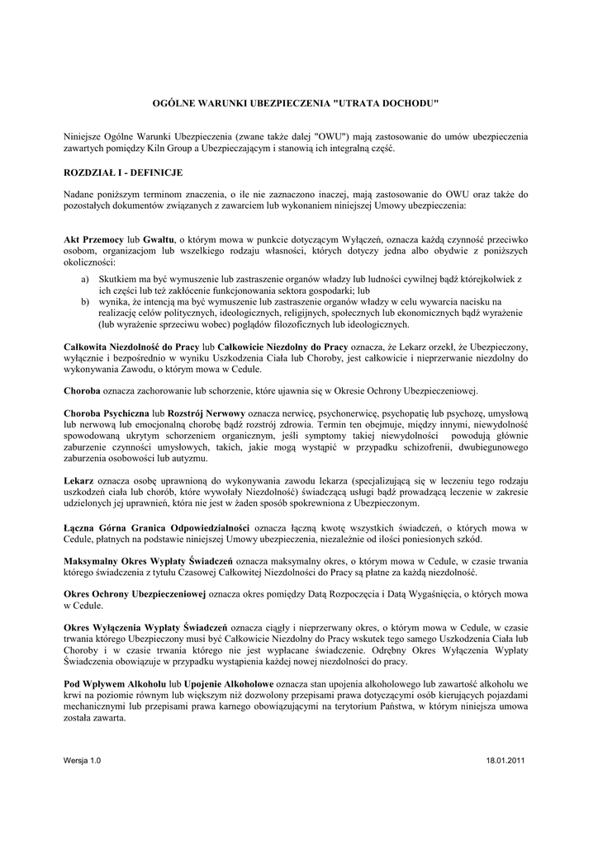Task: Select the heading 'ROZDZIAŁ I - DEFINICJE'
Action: tap(123, 172)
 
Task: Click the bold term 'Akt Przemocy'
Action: tap(93, 239)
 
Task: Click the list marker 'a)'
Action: tap(86, 280)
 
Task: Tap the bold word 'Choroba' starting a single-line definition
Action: tap(83, 389)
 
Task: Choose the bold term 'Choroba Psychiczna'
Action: tap(106, 411)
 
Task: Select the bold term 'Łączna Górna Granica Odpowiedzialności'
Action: tap(157, 526)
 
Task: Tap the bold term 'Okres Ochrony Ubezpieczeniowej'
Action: tap(135, 593)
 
